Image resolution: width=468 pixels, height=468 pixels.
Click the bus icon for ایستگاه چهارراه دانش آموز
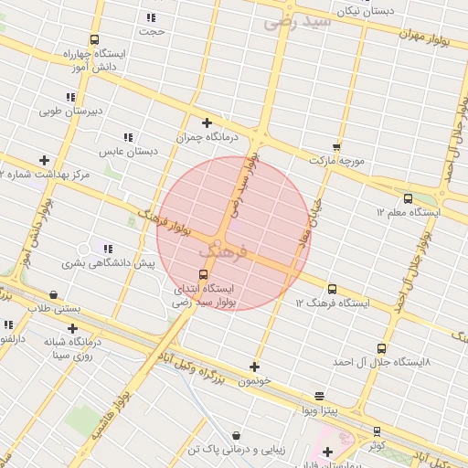pyautogui.click(x=94, y=40)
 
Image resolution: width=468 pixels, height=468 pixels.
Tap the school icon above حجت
pyautogui.click(x=151, y=17)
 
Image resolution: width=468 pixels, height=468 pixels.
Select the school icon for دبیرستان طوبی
pyautogui.click(x=70, y=97)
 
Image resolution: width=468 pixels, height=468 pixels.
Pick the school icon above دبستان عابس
pyautogui.click(x=127, y=137)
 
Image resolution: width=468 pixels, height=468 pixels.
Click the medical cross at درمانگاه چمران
pyautogui.click(x=207, y=122)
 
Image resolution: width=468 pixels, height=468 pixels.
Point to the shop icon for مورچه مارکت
pyautogui.click(x=336, y=146)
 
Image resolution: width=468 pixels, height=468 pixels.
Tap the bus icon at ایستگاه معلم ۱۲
pyautogui.click(x=408, y=198)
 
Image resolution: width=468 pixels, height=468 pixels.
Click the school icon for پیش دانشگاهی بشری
pyautogui.click(x=108, y=249)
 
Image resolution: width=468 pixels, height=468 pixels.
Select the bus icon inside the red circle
pyautogui.click(x=203, y=274)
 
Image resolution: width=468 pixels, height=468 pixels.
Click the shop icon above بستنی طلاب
pyautogui.click(x=53, y=295)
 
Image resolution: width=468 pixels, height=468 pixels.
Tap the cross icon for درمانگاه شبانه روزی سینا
pyautogui.click(x=72, y=328)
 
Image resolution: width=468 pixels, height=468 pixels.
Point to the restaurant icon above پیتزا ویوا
pyautogui.click(x=319, y=396)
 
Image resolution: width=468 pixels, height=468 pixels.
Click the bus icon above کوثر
pyautogui.click(x=378, y=431)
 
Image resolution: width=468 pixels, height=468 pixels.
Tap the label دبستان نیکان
pyautogui.click(x=367, y=12)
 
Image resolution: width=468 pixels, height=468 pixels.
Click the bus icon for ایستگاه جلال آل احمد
pyautogui.click(x=381, y=348)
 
